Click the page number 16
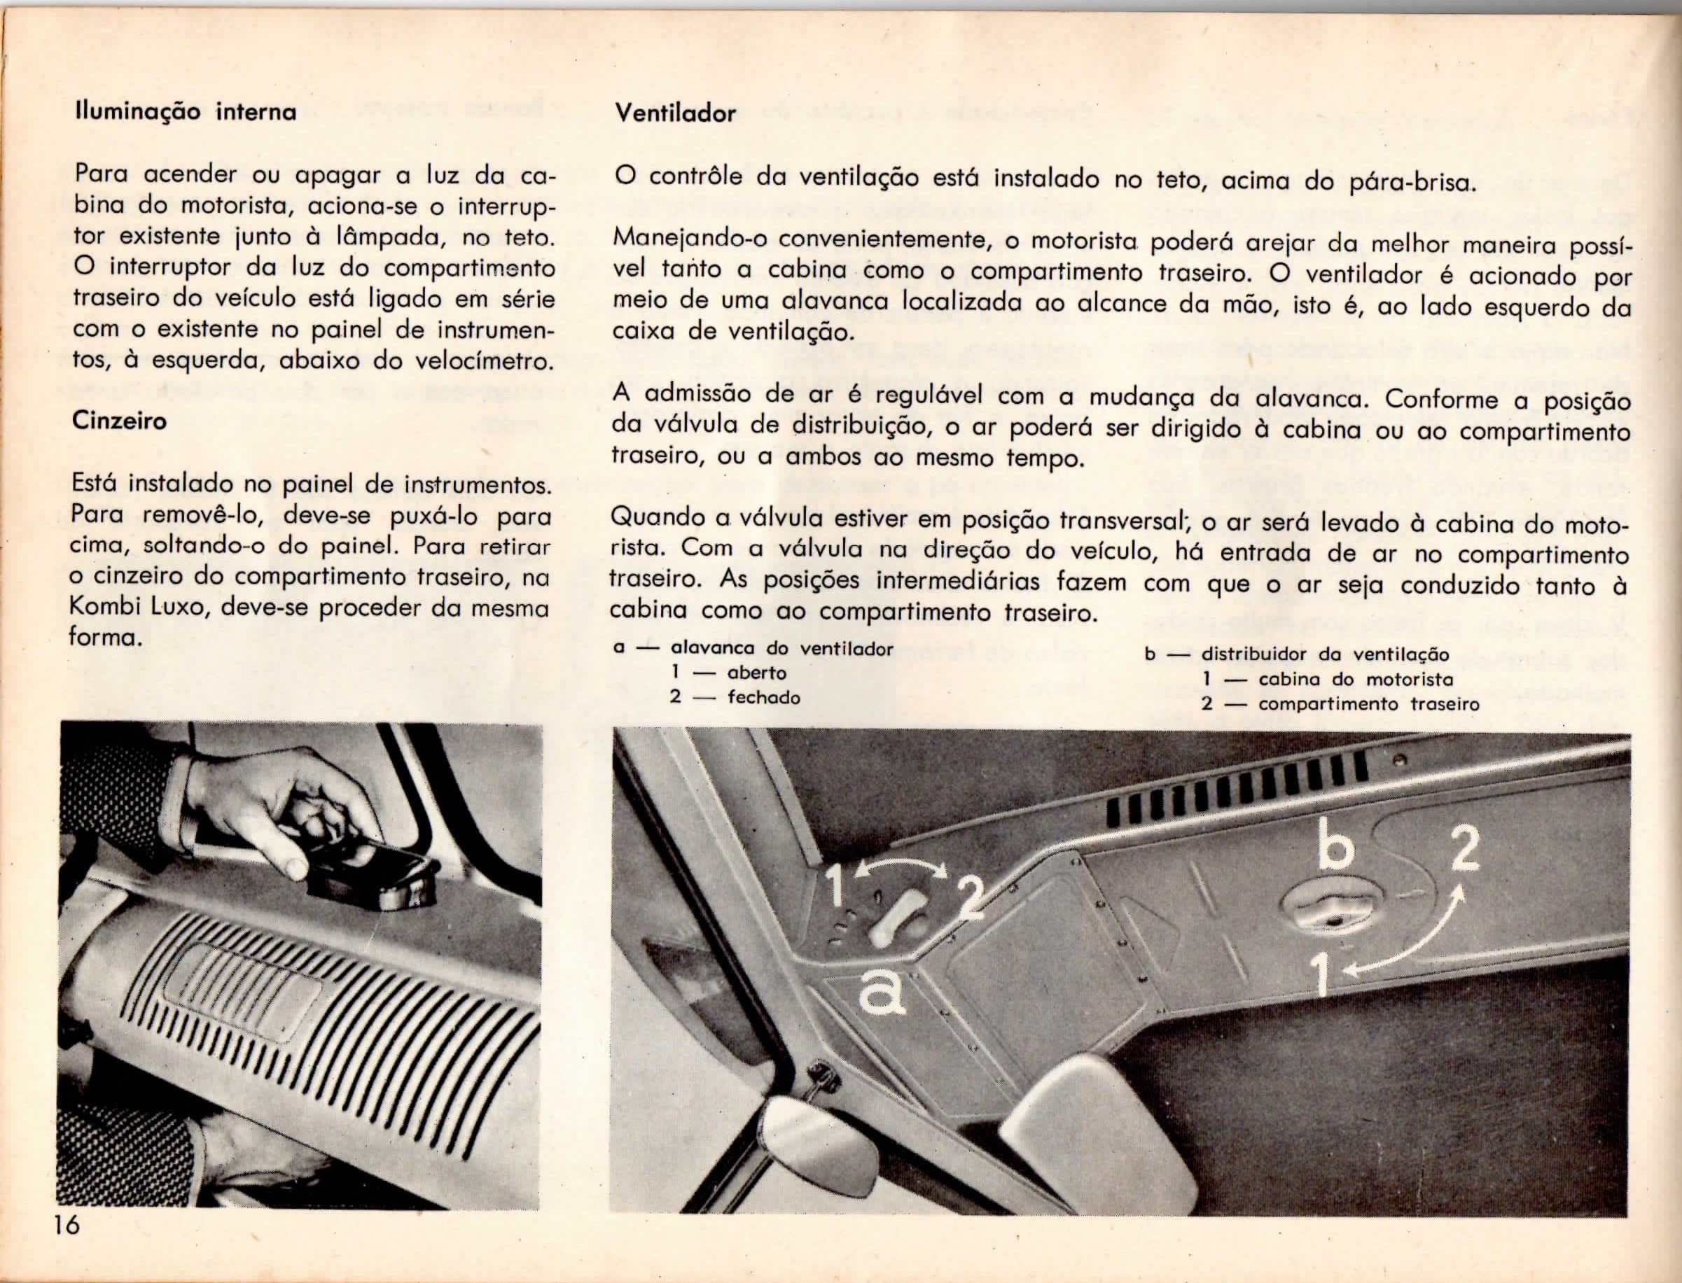tap(66, 1247)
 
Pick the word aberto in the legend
tap(756, 673)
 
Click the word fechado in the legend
tap(763, 697)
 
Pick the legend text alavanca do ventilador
tap(781, 648)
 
